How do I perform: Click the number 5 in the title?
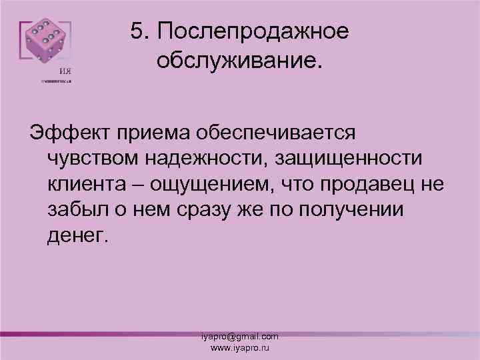(138, 31)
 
